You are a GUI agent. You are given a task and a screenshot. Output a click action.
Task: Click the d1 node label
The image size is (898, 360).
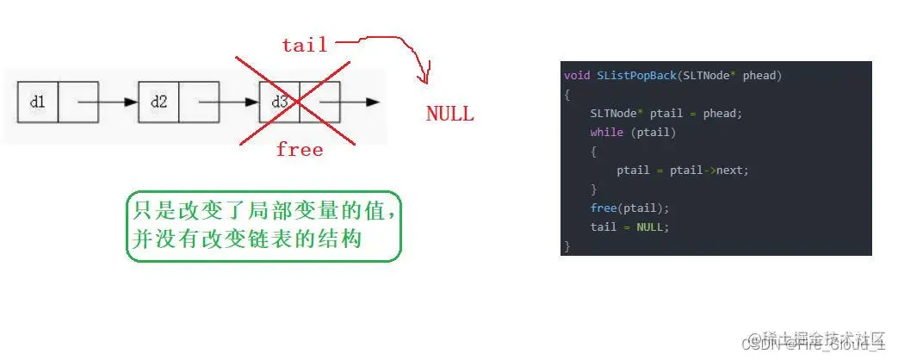[37, 102]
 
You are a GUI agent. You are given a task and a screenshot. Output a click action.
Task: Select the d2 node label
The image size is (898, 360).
[158, 102]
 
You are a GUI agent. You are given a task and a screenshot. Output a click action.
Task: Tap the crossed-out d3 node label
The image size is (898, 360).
[279, 102]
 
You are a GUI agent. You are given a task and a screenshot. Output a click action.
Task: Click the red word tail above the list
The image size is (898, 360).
[304, 46]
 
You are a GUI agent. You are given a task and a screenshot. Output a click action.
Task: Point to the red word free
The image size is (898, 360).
[299, 150]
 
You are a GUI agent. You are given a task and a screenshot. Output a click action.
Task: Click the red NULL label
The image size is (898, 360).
[449, 114]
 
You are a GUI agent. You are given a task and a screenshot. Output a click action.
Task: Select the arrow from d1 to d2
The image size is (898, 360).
[107, 102]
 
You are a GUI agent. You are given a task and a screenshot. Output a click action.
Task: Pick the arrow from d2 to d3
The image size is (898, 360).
[228, 102]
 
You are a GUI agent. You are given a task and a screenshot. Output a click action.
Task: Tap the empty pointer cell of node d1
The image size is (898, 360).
[78, 102]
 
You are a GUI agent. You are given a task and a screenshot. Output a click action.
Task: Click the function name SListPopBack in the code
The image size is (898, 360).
[636, 76]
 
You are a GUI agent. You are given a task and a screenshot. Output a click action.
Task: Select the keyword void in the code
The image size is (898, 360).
[578, 76]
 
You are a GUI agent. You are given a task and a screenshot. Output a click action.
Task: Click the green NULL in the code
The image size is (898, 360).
[652, 227]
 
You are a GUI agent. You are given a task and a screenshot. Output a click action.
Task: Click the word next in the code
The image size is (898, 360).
[733, 170]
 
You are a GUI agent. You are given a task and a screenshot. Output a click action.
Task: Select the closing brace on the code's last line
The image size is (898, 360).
[567, 245]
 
